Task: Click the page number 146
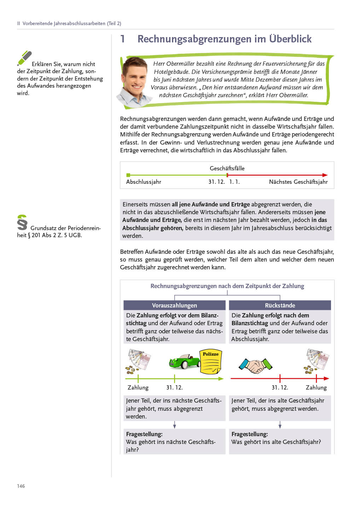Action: point(21,486)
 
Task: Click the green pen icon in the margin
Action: point(24,58)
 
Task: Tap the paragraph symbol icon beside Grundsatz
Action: point(22,222)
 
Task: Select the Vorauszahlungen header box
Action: point(174,305)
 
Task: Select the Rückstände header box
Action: point(280,305)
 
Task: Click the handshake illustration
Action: point(255,365)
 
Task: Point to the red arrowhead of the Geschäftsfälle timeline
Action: point(325,175)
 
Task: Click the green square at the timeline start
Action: point(128,175)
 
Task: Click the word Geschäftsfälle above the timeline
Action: point(227,168)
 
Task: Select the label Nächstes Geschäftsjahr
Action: point(298,182)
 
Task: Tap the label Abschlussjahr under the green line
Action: point(144,182)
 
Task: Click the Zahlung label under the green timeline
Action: point(138,387)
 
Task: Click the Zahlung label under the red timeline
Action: point(316,387)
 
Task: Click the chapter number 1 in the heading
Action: point(123,39)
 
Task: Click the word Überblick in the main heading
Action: point(290,39)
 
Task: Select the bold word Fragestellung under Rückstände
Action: point(250,434)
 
